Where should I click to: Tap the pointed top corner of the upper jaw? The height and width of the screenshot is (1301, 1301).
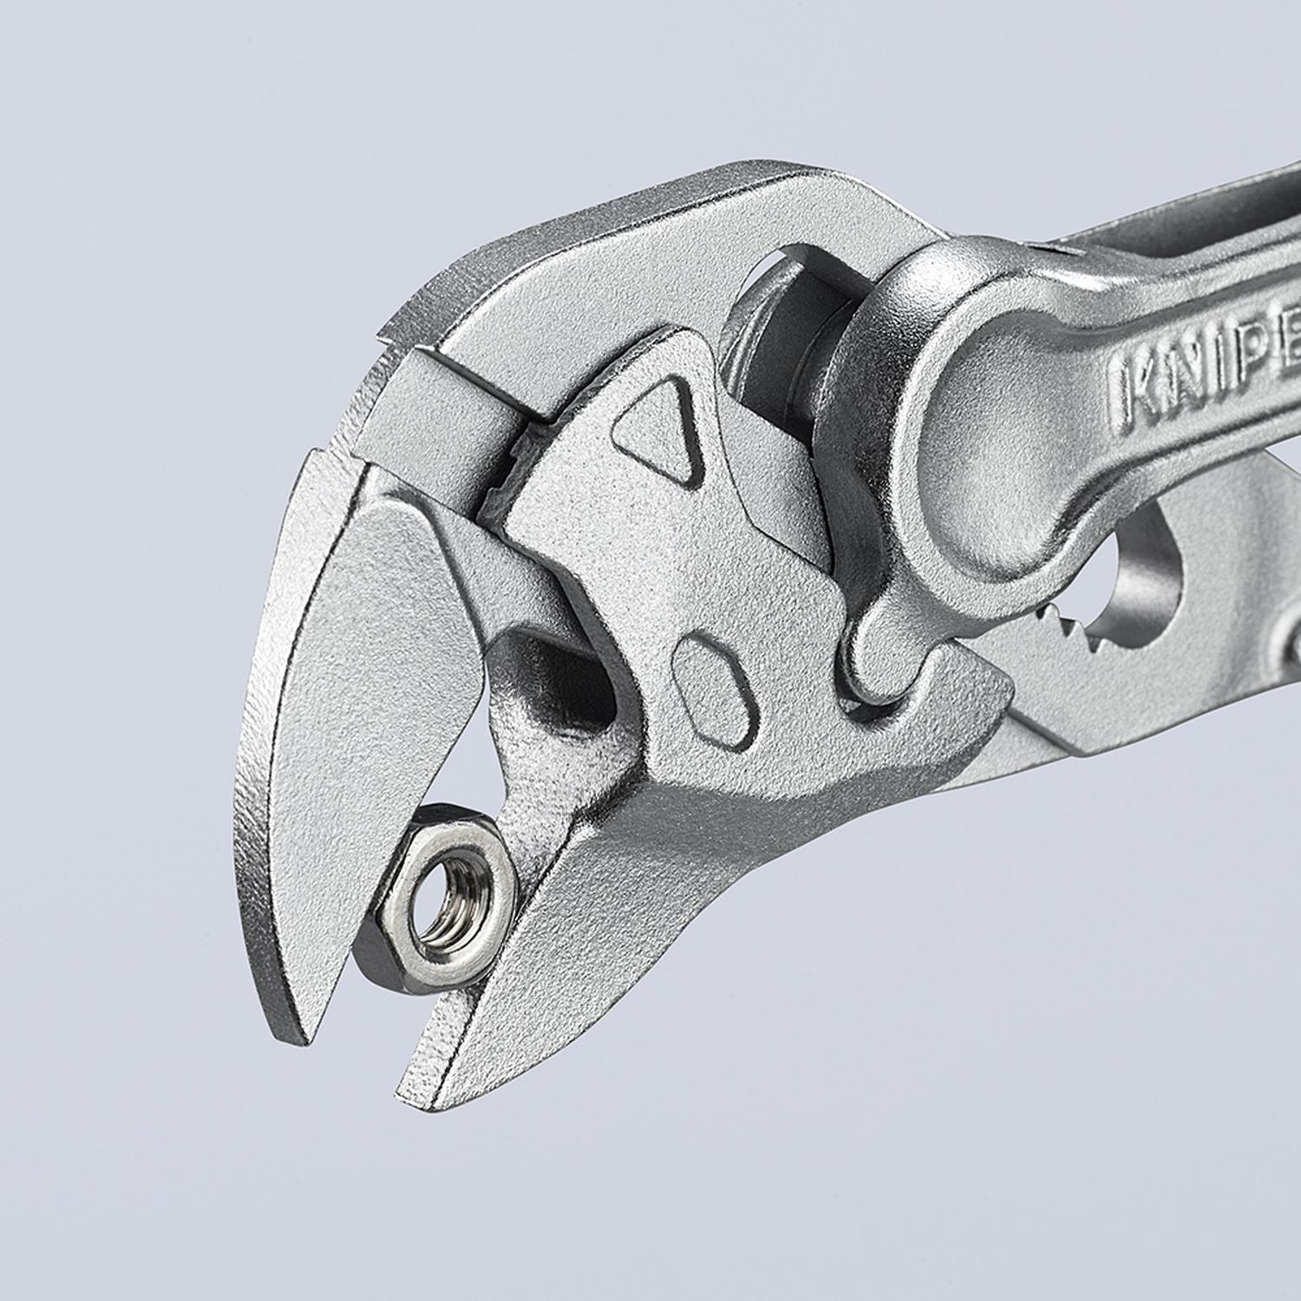[382, 334]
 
